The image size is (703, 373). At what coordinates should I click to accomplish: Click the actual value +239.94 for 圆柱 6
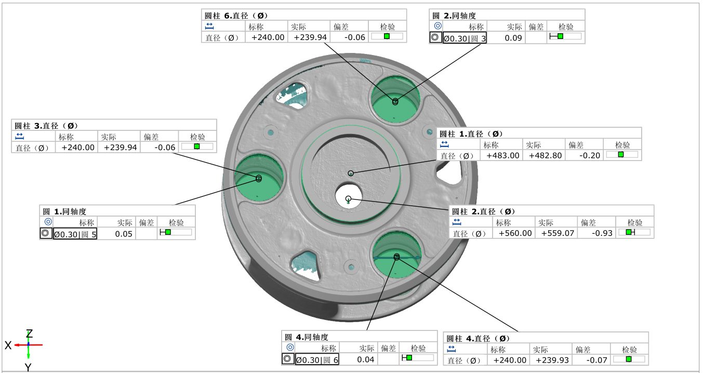(x=310, y=37)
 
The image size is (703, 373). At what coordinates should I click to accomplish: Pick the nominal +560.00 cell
(x=515, y=233)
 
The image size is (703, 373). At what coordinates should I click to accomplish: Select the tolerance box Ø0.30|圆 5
(x=75, y=234)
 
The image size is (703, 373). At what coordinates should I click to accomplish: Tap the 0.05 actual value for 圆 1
(x=124, y=234)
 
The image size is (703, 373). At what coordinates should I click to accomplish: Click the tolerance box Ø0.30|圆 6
(x=317, y=359)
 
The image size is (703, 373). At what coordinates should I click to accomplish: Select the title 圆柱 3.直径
(x=46, y=126)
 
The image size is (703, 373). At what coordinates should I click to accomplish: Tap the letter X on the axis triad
(x=8, y=345)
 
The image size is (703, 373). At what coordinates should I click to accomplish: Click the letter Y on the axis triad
(x=29, y=367)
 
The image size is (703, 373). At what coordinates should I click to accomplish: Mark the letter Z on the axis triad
(x=30, y=334)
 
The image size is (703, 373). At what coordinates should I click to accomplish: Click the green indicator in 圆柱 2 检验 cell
(x=629, y=232)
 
